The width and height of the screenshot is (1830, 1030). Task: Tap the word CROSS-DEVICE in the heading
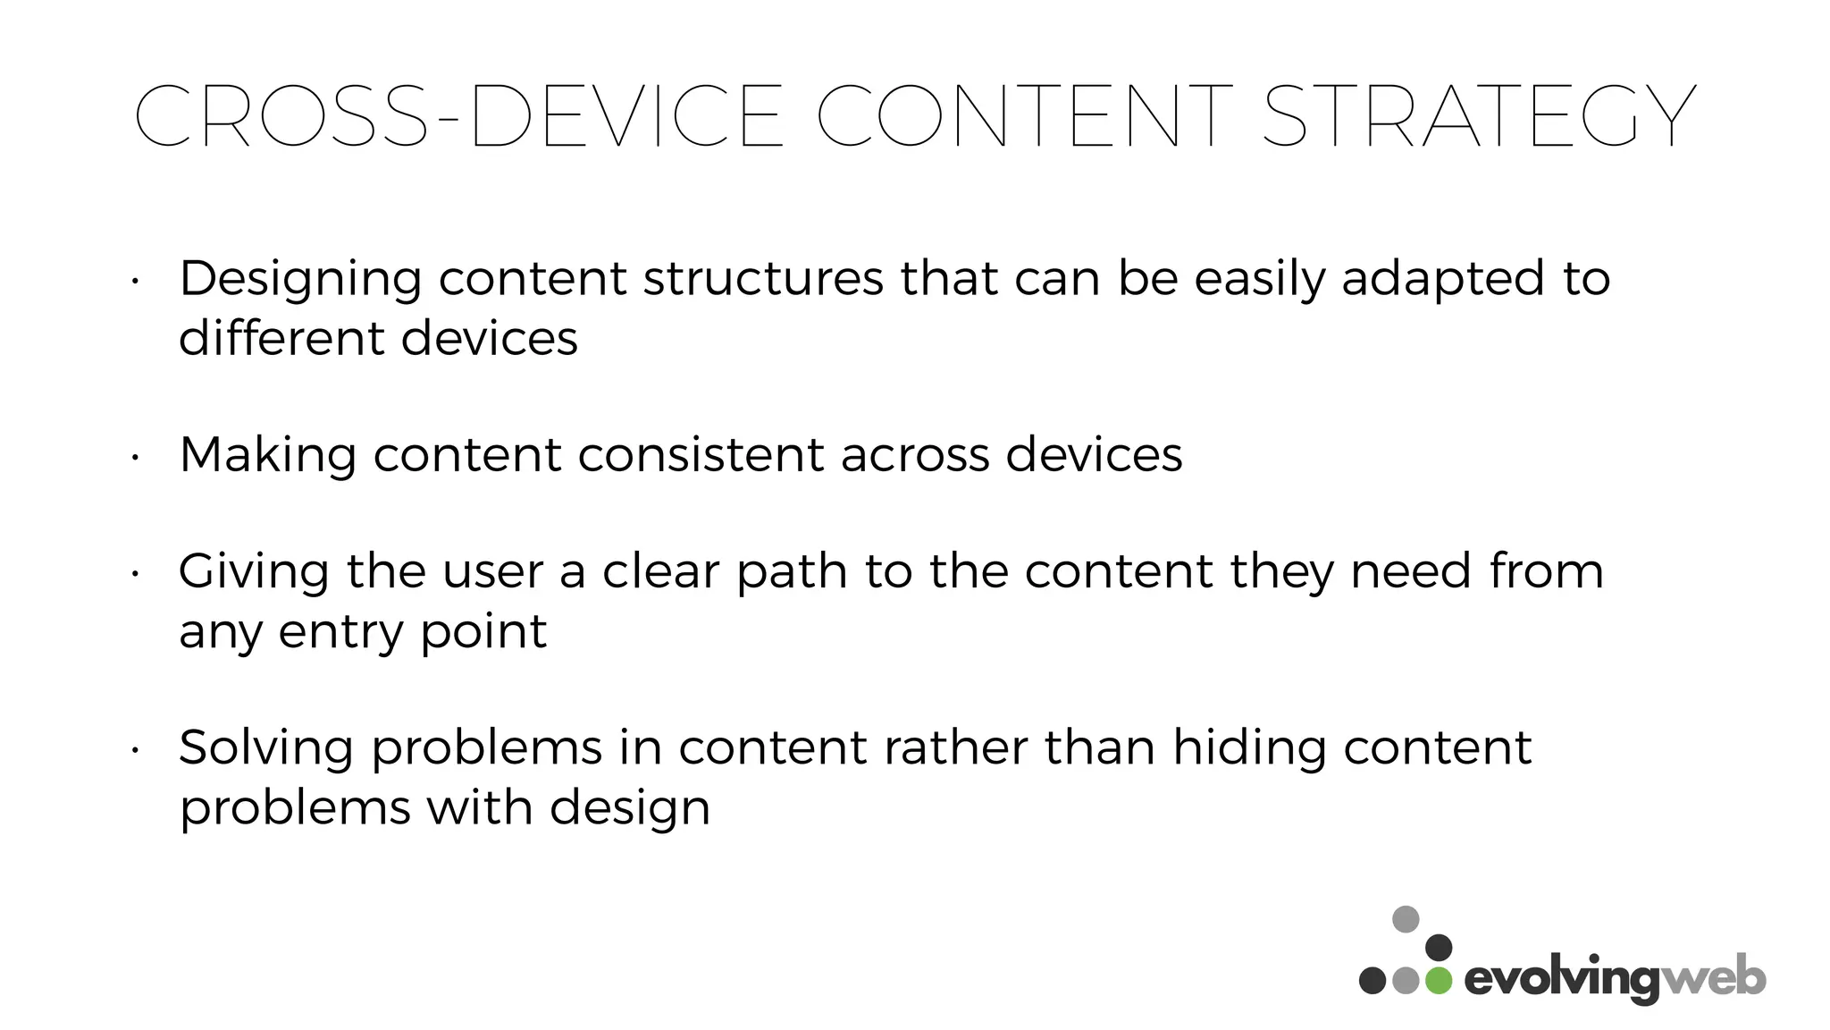point(458,117)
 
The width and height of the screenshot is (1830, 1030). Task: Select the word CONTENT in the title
point(1024,117)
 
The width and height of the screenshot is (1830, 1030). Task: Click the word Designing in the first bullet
point(300,279)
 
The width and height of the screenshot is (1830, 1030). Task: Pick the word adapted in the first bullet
point(1443,279)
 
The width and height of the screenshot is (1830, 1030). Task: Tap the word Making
point(267,455)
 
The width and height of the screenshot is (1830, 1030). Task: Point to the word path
point(792,572)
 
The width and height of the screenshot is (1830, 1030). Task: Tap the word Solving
point(265,748)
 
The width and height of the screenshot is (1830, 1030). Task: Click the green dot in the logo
point(1439,980)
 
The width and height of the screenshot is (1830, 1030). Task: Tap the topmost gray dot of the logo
point(1406,919)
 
